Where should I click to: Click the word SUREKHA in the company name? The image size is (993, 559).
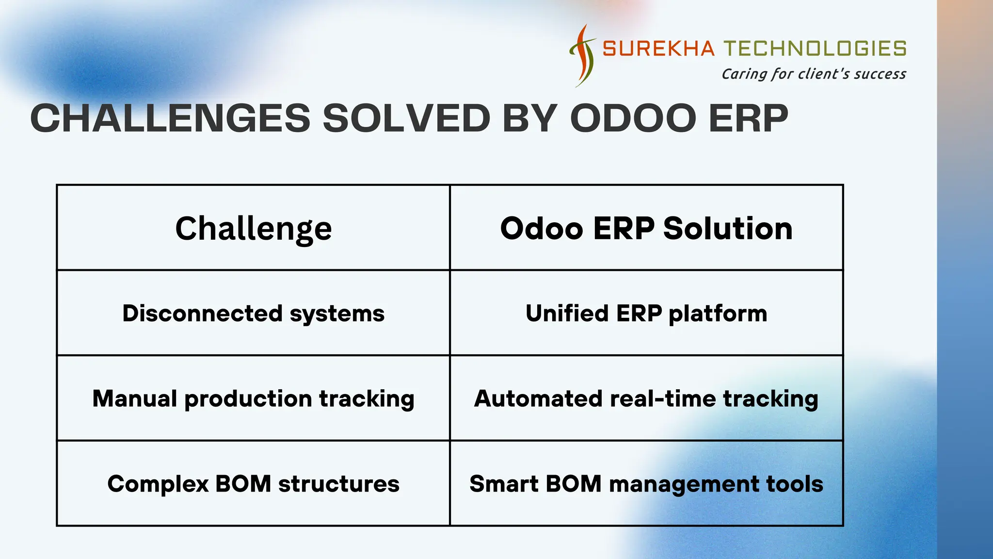(x=658, y=49)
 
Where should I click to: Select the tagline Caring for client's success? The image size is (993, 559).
(x=814, y=74)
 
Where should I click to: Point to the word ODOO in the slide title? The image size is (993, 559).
(x=633, y=118)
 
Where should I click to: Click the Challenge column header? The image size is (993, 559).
(x=254, y=229)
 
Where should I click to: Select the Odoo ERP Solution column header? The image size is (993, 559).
(x=646, y=228)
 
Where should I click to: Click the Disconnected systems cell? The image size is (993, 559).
(x=254, y=313)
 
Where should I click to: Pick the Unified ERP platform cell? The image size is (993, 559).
(x=646, y=313)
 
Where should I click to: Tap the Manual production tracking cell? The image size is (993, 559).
(x=254, y=399)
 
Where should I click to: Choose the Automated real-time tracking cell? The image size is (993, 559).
(x=646, y=399)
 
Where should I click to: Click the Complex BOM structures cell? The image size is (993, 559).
(x=254, y=484)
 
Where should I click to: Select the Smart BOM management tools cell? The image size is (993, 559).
(x=646, y=484)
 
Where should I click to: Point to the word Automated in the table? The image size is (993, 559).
(x=538, y=399)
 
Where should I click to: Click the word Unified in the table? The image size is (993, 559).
(x=567, y=313)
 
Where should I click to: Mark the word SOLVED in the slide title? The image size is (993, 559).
(x=406, y=118)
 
